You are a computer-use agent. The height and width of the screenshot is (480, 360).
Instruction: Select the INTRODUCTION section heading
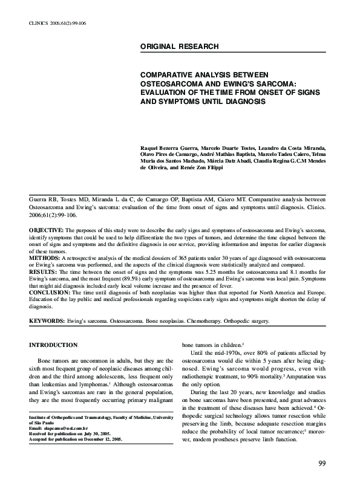(54, 345)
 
